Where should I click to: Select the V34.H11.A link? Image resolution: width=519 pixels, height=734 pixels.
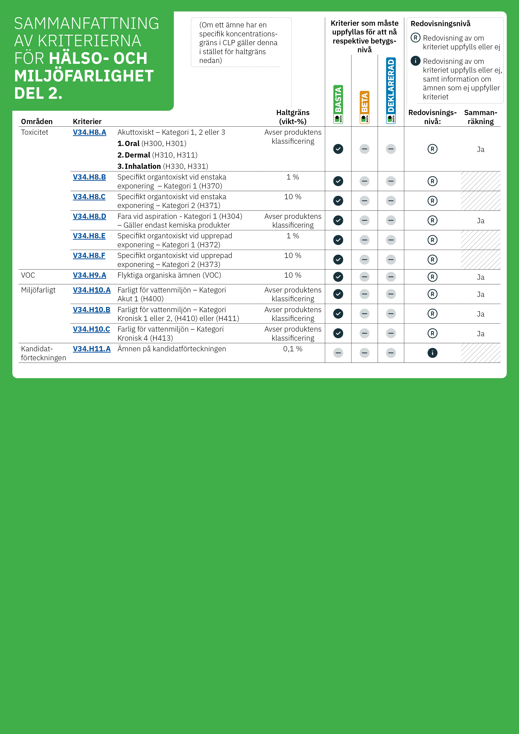point(91,349)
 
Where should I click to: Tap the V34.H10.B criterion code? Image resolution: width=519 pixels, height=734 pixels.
point(91,310)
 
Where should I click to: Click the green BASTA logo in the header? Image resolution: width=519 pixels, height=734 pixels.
point(338,104)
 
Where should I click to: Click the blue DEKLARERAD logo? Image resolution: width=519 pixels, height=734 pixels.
point(391,90)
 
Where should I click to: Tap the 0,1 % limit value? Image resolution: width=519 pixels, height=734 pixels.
point(293,349)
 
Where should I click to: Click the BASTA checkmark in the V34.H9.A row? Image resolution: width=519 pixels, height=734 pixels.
point(338,277)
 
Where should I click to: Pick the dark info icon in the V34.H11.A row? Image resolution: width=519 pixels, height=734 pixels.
point(432,353)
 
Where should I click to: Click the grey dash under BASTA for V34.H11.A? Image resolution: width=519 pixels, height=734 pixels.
point(338,353)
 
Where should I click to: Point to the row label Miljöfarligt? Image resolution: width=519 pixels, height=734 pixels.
point(38,290)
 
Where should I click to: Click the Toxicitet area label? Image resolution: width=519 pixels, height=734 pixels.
point(35,132)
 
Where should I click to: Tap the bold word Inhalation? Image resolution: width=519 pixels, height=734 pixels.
point(143,166)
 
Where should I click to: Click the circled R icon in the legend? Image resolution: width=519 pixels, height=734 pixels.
point(415,38)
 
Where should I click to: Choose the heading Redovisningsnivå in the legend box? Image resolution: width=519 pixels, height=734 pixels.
point(440,24)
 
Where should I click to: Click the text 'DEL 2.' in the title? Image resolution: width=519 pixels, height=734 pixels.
point(38,93)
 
